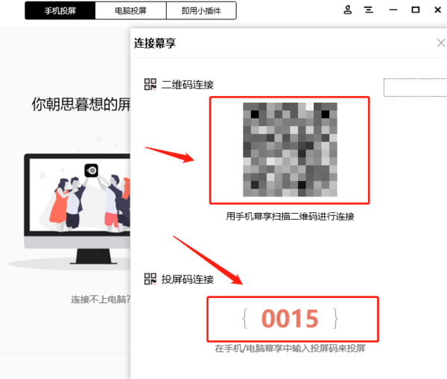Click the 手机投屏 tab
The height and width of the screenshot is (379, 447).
pyautogui.click(x=60, y=10)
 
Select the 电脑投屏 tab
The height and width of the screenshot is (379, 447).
pyautogui.click(x=130, y=10)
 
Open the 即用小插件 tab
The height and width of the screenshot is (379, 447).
pyautogui.click(x=201, y=10)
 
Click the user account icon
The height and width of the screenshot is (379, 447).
pyautogui.click(x=347, y=10)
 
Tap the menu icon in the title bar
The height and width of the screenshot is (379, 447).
pyautogui.click(x=369, y=10)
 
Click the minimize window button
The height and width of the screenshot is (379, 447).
pyautogui.click(x=393, y=10)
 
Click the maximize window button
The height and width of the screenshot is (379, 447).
pyautogui.click(x=416, y=10)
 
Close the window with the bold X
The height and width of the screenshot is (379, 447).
pyautogui.click(x=438, y=10)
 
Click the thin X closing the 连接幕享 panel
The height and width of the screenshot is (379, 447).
pyautogui.click(x=441, y=43)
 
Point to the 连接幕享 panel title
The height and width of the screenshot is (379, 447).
pyautogui.click(x=155, y=43)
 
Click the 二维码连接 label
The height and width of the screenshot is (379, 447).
pyautogui.click(x=188, y=85)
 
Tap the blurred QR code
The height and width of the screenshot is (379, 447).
pyautogui.click(x=290, y=150)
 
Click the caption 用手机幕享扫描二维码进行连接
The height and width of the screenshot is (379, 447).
pyautogui.click(x=290, y=217)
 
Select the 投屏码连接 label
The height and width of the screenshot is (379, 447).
pyautogui.click(x=188, y=279)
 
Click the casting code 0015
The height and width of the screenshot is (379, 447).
pyautogui.click(x=290, y=319)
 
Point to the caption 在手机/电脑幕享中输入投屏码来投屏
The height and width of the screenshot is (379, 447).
pyautogui.click(x=291, y=348)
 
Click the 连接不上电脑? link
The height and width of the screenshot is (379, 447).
pyautogui.click(x=101, y=299)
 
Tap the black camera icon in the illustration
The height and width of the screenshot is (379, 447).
pyautogui.click(x=92, y=171)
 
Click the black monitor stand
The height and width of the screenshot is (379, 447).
pyautogui.click(x=94, y=256)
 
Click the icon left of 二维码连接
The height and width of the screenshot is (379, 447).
pyautogui.click(x=150, y=84)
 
